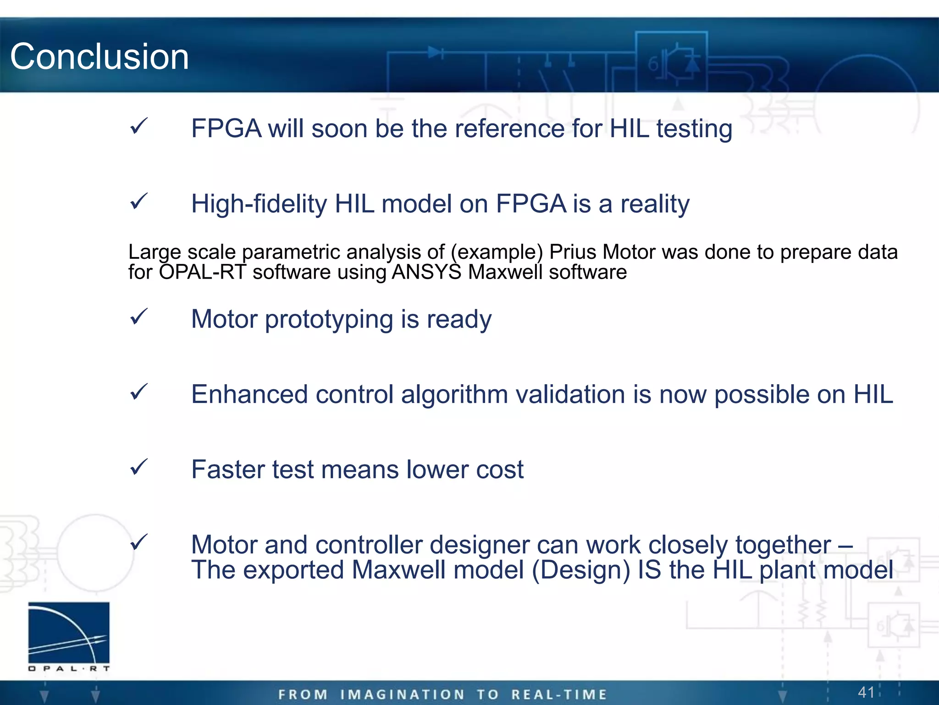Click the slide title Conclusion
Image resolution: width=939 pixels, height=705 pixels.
tap(99, 56)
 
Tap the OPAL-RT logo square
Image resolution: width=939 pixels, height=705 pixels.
tap(69, 632)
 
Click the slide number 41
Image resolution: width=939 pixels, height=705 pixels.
tap(866, 692)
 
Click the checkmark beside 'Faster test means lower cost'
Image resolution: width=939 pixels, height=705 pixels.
tap(138, 467)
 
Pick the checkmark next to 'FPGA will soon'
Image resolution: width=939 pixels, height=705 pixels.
tap(138, 126)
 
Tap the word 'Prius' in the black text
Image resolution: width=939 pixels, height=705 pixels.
tap(573, 252)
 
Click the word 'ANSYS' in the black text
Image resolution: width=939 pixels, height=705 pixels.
tap(426, 272)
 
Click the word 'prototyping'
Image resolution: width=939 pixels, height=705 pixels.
tap(329, 319)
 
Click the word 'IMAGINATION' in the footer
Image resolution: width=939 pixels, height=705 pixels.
tap(403, 694)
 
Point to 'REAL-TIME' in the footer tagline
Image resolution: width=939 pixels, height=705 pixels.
tap(559, 694)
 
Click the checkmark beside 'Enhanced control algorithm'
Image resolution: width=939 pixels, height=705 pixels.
tap(138, 392)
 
